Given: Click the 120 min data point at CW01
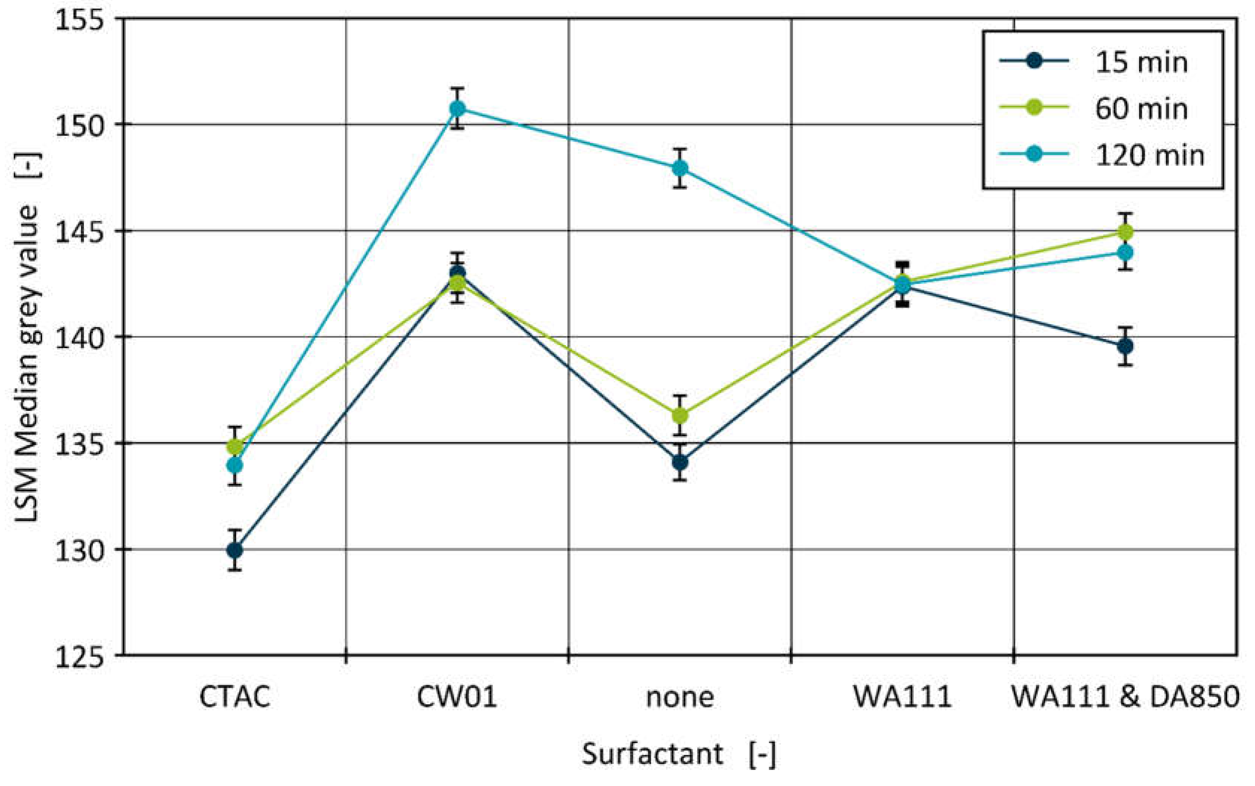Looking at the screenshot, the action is (x=457, y=109).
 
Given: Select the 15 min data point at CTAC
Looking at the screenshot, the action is (x=235, y=550).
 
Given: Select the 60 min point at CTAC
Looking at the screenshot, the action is (x=235, y=447).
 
